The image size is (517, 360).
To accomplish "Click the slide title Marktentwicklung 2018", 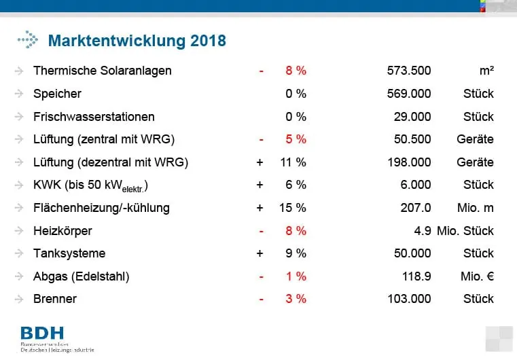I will point(137,41).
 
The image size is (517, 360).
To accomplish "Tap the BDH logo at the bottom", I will point(42,334).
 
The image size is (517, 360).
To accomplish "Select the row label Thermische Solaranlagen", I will point(102,71).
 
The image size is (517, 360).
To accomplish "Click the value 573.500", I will point(408,71).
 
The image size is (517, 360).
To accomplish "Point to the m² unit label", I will point(485,71).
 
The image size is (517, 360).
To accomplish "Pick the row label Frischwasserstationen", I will point(94,117).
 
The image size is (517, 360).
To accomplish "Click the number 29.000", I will point(412,117).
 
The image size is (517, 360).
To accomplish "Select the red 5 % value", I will point(296,139).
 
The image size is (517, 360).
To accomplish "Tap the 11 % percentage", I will point(293,162).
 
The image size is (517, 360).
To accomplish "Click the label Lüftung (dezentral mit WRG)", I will point(110,162).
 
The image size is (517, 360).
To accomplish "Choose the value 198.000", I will point(408,162).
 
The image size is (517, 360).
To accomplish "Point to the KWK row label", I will point(90,185).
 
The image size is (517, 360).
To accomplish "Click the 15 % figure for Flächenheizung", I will point(293,208).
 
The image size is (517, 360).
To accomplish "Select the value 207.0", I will point(414,208).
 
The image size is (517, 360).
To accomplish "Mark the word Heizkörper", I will point(63,231).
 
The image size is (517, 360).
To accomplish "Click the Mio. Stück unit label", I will point(465,231).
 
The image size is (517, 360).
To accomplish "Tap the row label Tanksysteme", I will point(69,253).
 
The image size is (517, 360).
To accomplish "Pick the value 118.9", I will point(414,276).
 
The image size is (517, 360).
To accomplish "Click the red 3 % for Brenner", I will point(296,299).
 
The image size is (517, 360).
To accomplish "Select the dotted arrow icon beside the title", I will point(28,41).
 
